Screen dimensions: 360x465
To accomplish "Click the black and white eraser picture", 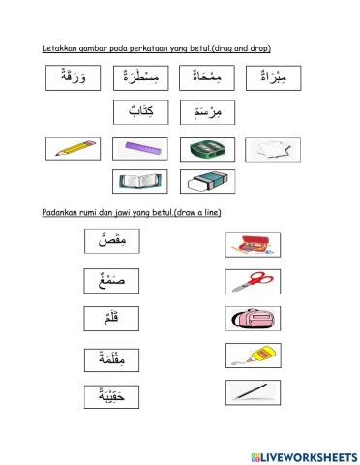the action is click(x=204, y=181).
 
